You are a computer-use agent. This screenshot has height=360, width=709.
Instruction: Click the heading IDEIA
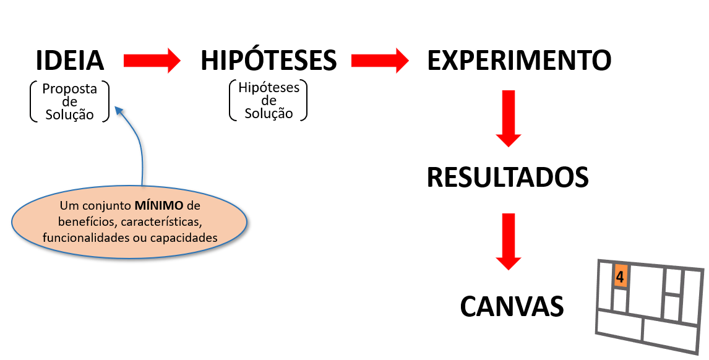pos(70,61)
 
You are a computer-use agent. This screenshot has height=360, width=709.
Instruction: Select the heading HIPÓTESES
pos(269,59)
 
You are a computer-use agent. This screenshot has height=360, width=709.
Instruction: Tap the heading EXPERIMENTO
pos(519,61)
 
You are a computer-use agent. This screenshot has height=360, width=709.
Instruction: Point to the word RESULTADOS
pos(507,177)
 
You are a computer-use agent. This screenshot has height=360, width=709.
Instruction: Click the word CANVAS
pos(512,306)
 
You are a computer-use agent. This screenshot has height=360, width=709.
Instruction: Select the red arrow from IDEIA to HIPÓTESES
pos(152,60)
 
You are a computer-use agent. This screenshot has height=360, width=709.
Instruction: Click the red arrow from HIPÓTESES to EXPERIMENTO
pos(380,60)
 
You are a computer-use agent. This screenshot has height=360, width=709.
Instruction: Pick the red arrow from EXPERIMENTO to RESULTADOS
pos(509,119)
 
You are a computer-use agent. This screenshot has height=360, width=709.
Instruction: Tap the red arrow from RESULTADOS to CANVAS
pos(509,241)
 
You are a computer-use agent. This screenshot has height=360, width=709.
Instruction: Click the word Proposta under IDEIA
pos(70,88)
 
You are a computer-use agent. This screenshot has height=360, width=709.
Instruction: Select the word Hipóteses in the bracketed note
pos(269,87)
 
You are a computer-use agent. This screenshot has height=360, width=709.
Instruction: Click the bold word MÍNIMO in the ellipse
pos(159,206)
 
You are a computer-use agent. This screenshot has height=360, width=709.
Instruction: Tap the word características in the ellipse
pos(161,221)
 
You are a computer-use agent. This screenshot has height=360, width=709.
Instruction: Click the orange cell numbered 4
pos(621,276)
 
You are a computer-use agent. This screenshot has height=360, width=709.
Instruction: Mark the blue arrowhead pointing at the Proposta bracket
pos(119,110)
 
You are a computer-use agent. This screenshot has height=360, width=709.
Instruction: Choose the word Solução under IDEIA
pos(70,114)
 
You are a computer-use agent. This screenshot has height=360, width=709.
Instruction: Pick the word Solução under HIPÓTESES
pos(269,113)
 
